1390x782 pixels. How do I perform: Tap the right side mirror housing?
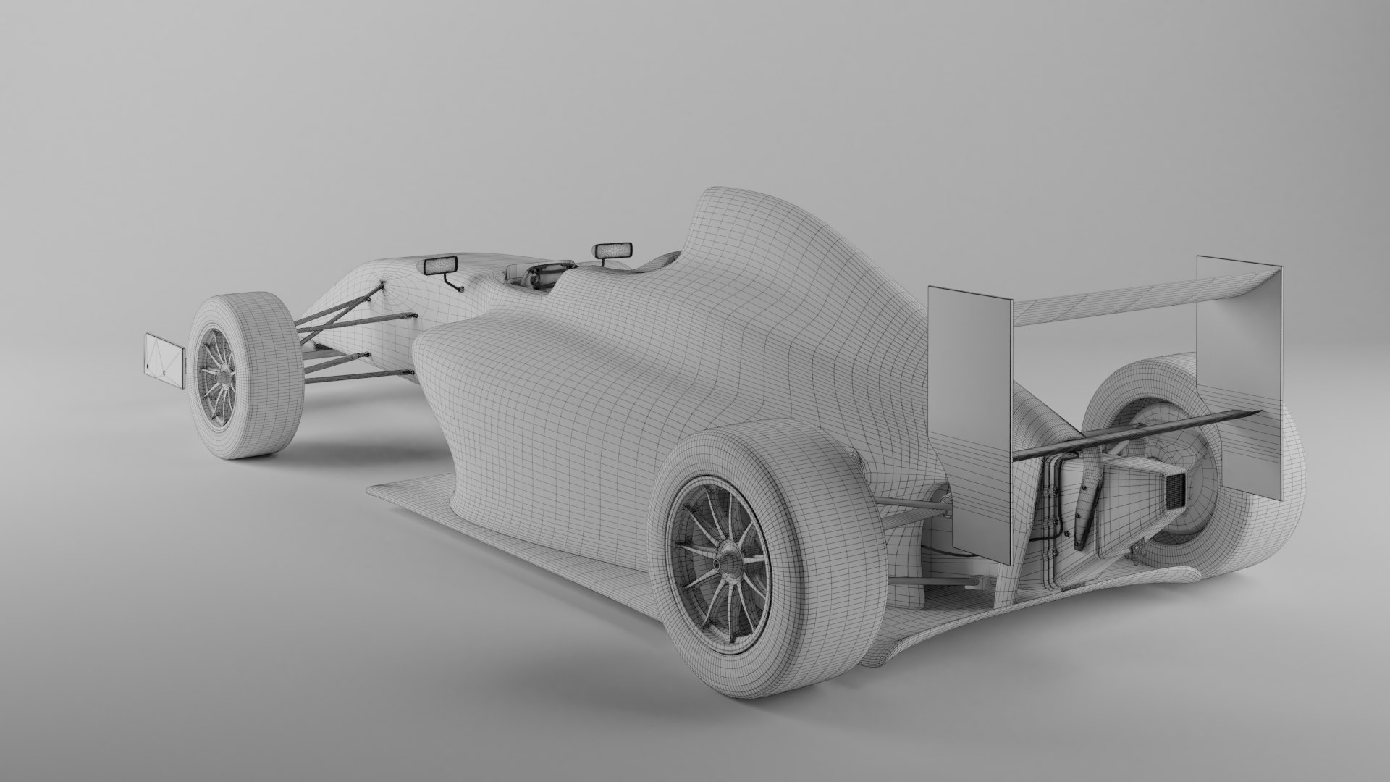612,251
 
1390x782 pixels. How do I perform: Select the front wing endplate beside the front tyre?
165,357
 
